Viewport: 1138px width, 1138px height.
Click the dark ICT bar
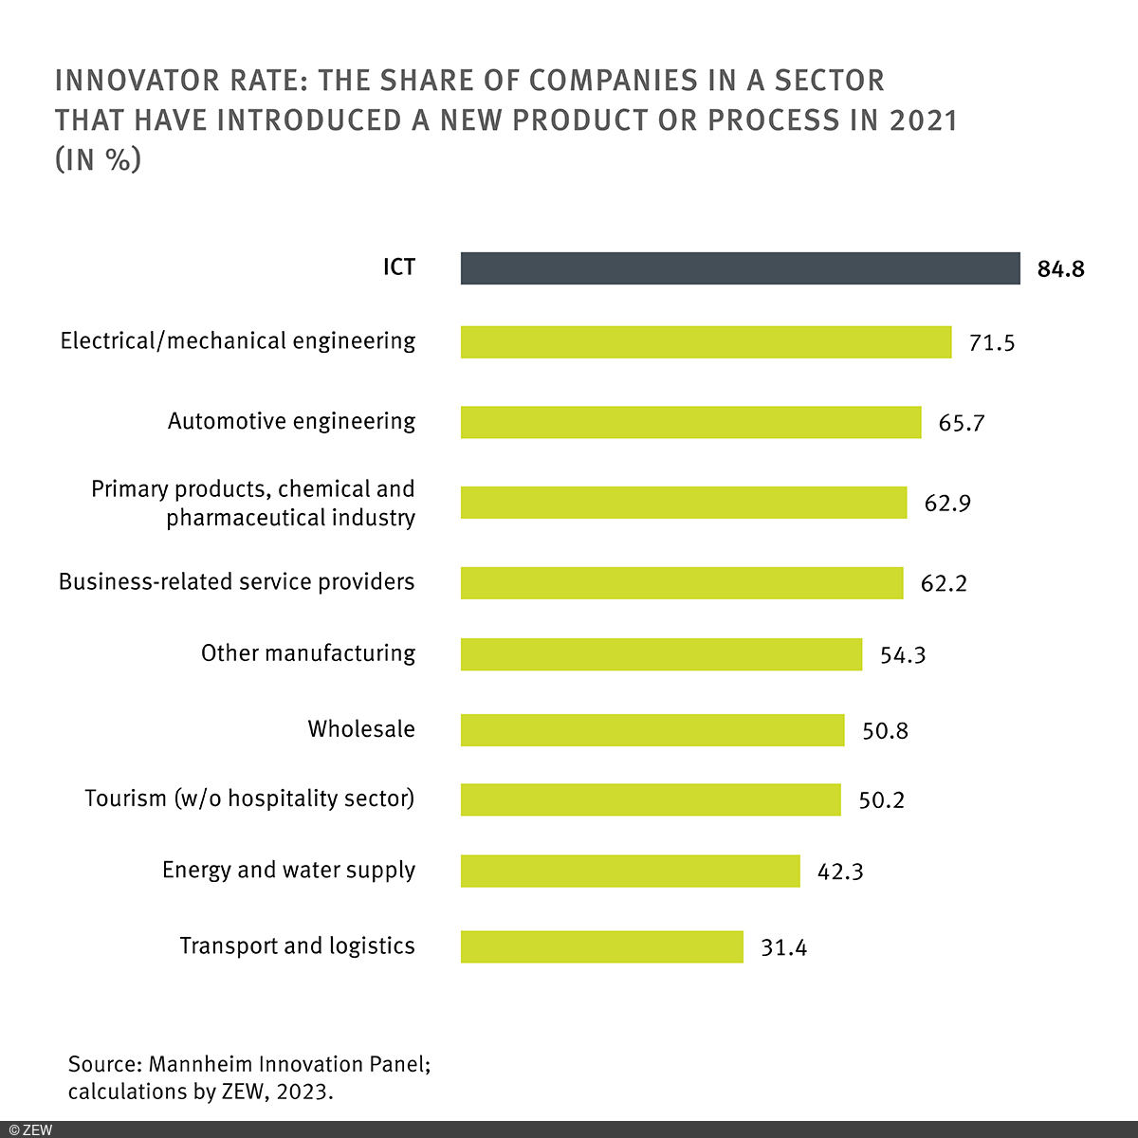740,268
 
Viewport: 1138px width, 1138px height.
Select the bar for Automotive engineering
690,422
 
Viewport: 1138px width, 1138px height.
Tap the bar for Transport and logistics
602,946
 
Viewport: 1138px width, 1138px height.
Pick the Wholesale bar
652,730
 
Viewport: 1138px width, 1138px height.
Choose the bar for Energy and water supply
631,871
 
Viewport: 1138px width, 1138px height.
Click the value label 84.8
1060,269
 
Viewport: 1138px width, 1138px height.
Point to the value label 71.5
991,343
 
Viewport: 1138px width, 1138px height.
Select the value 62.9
947,503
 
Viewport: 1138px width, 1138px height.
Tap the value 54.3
903,655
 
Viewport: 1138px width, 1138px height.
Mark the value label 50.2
881,800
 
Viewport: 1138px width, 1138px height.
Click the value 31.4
783,947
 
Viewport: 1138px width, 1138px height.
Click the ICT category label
398,267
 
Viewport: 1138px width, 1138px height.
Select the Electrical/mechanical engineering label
238,341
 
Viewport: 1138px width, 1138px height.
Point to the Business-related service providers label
237,581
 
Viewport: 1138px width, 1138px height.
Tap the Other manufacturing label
308,653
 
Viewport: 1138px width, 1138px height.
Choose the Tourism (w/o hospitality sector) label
249,798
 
